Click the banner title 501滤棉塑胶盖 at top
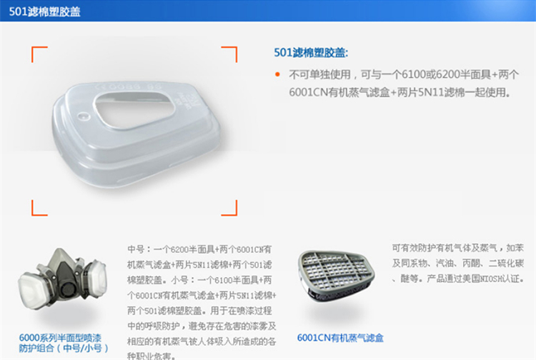45,11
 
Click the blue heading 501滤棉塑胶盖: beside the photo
311,53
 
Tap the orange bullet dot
277,74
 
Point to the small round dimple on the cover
83,116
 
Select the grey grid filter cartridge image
336,276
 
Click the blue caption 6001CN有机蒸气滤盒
340,338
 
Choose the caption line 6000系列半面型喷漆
60,338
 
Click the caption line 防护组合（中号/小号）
64,349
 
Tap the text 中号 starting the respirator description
136,249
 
